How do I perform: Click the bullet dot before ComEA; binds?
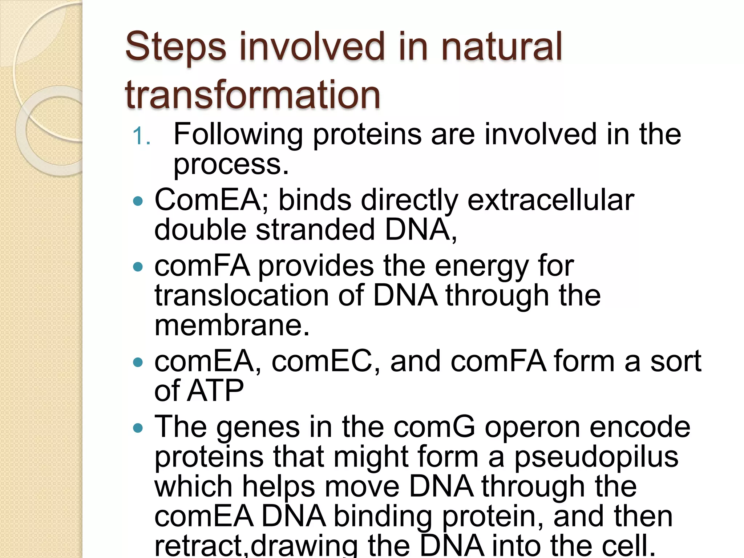pyautogui.click(x=138, y=201)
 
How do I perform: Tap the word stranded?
pyautogui.click(x=315, y=230)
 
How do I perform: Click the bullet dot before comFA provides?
pyautogui.click(x=138, y=267)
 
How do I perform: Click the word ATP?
pyautogui.click(x=216, y=391)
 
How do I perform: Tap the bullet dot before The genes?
pyautogui.click(x=138, y=428)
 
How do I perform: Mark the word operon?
pyautogui.click(x=532, y=428)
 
